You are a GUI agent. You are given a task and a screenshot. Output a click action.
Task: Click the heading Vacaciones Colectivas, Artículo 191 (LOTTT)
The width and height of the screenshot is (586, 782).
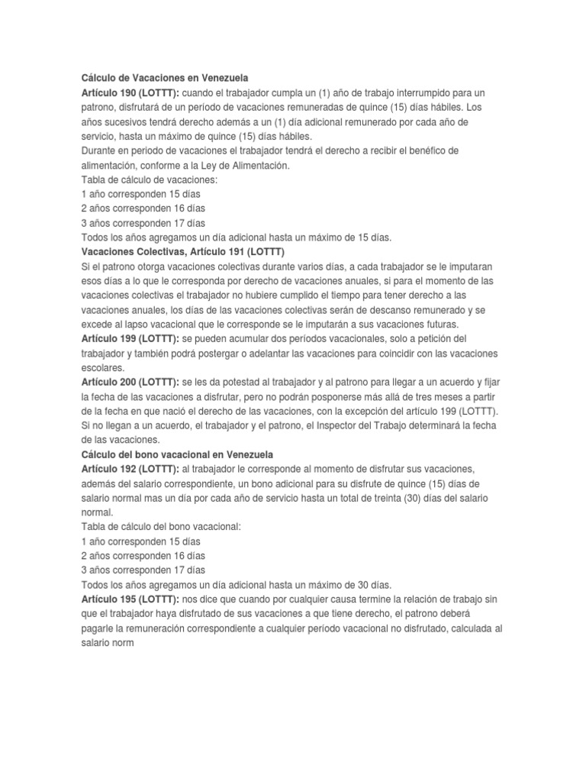click(187, 252)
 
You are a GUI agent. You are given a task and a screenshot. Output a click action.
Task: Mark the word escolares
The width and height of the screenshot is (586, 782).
click(101, 367)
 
